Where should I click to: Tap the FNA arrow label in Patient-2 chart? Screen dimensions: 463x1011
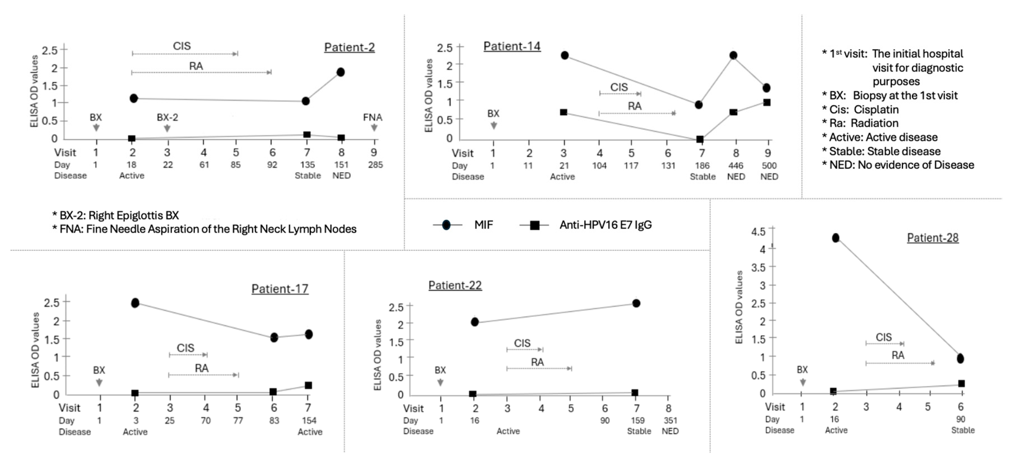pyautogui.click(x=372, y=117)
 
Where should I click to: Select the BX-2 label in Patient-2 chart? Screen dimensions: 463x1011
pyautogui.click(x=167, y=117)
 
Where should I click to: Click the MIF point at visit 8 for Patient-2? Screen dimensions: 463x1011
pyautogui.click(x=341, y=72)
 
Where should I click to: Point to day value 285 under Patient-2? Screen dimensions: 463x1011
pyautogui.click(x=375, y=165)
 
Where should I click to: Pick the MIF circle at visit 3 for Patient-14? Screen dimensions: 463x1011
pyautogui.click(x=564, y=55)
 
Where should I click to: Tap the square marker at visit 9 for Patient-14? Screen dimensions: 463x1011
pyautogui.click(x=766, y=102)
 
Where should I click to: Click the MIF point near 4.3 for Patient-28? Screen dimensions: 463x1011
pyautogui.click(x=836, y=238)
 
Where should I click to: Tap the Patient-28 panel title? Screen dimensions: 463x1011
pyautogui.click(x=932, y=238)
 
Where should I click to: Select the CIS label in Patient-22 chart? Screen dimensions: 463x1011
pyautogui.click(x=522, y=343)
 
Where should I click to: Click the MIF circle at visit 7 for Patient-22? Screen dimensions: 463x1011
pyautogui.click(x=636, y=303)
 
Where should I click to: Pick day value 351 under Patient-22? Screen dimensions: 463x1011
pyautogui.click(x=670, y=420)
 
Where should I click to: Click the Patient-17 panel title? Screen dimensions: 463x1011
pyautogui.click(x=279, y=289)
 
